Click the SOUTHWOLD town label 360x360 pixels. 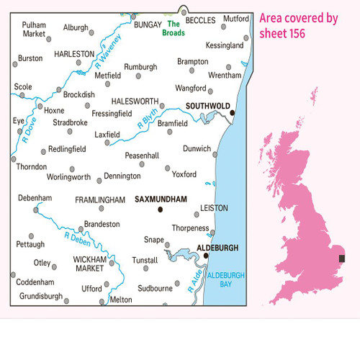click(x=207, y=105)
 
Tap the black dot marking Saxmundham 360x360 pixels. click(x=160, y=210)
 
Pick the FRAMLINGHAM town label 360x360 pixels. click(x=96, y=199)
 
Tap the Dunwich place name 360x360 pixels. click(x=197, y=148)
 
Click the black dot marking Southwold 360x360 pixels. click(x=232, y=112)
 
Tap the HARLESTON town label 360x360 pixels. click(x=74, y=53)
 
